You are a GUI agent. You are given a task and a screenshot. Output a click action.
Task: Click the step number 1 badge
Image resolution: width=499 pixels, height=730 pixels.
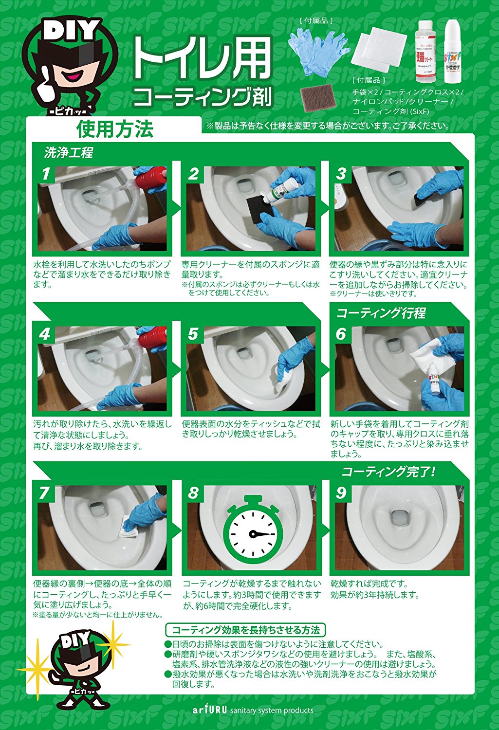coord(46,174)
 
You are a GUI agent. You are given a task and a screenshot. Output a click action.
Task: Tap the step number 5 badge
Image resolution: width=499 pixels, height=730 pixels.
coord(194,334)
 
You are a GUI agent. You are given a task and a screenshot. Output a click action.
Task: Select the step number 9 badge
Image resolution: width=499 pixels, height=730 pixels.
coord(341,493)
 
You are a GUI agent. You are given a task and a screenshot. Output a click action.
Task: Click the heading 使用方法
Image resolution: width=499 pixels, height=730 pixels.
coord(115,129)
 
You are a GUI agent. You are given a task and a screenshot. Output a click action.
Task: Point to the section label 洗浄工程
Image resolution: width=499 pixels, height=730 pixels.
coord(69,153)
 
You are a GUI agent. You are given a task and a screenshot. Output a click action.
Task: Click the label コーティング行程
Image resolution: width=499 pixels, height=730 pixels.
coord(381,313)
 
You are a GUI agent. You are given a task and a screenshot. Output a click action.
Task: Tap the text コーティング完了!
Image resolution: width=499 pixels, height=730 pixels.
coord(388,472)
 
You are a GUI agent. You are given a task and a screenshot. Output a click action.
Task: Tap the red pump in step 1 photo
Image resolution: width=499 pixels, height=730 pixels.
coord(152,178)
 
